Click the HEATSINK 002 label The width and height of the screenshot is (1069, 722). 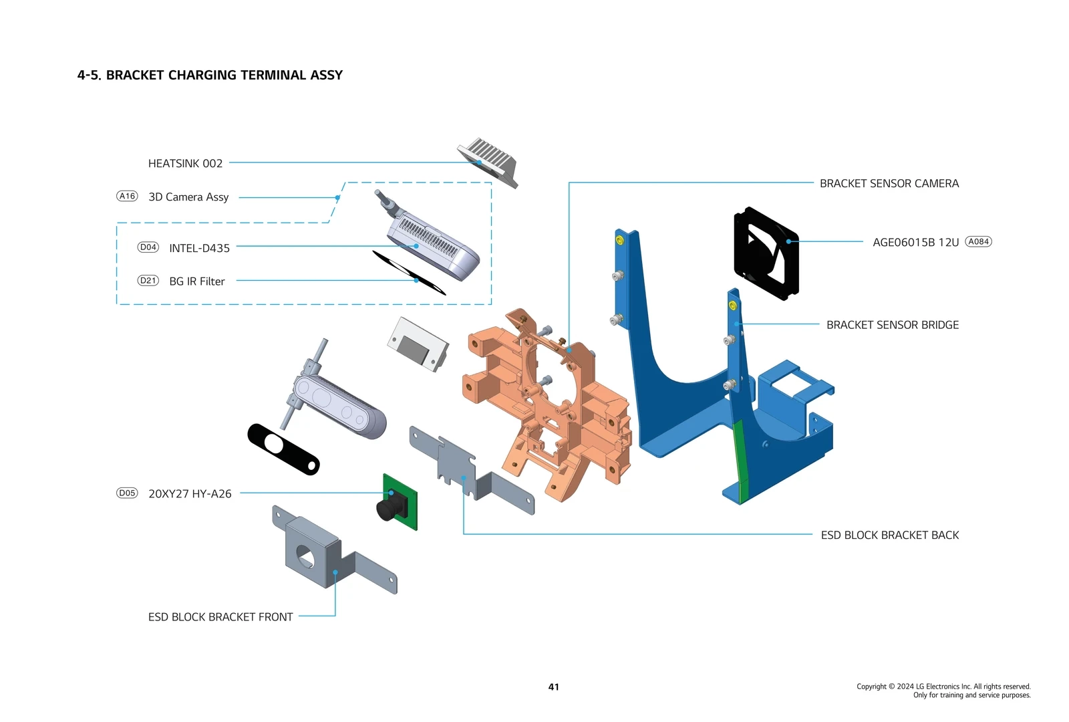click(185, 164)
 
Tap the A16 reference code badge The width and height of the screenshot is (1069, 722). click(127, 196)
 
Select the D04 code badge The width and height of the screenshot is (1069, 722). click(148, 247)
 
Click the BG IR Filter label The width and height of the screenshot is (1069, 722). click(196, 281)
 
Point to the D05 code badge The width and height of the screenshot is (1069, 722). click(127, 493)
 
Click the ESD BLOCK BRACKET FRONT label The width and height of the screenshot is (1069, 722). click(220, 617)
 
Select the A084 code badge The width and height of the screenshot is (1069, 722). click(978, 242)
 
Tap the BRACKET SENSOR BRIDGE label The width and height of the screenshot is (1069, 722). click(892, 325)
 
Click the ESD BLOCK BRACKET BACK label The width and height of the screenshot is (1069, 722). click(889, 535)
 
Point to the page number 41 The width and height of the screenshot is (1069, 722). click(553, 687)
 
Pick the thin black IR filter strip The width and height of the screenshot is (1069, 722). click(409, 272)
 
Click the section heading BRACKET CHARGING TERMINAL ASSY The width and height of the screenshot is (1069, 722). click(210, 76)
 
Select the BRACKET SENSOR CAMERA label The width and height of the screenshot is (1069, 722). click(889, 184)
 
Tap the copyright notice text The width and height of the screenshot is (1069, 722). click(943, 691)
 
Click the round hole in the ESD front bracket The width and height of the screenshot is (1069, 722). click(305, 556)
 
